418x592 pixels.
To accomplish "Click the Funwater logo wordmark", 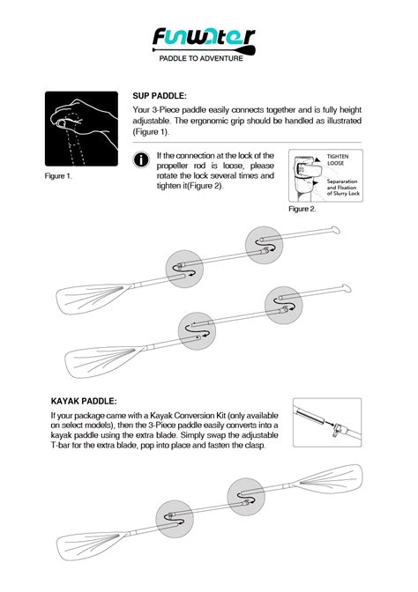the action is (x=204, y=37).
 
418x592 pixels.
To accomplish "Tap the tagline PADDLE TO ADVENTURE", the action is (x=201, y=58).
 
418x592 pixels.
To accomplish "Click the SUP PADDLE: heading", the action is (x=160, y=96).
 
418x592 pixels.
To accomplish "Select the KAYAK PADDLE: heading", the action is (x=84, y=401).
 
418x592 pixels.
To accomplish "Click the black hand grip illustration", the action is (x=81, y=129).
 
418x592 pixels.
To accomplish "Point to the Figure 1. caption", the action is (x=58, y=176).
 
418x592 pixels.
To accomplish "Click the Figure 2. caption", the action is (x=302, y=209).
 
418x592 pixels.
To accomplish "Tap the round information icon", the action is (x=141, y=159).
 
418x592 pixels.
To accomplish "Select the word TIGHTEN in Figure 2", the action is (x=338, y=156).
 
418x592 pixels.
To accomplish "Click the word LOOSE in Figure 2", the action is (x=336, y=164).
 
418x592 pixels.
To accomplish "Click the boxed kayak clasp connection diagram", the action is (x=327, y=423).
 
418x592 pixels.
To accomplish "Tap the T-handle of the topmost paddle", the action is (x=335, y=230).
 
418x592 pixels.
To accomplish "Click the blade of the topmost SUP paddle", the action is (x=91, y=299).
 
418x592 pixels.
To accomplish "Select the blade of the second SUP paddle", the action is (x=102, y=361).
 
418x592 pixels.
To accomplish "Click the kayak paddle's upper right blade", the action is (x=330, y=478).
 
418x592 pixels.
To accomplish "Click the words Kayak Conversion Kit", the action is (x=188, y=416).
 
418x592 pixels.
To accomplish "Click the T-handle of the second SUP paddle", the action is (x=347, y=288).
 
